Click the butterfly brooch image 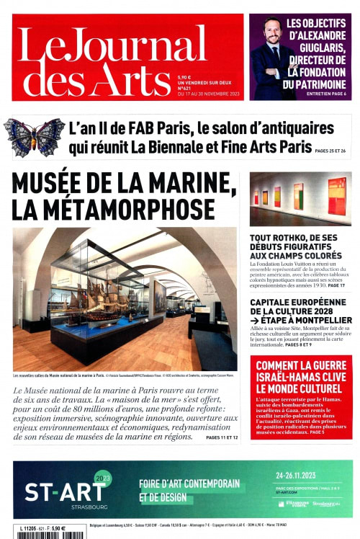coord(34,136)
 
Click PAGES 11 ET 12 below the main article coord(222,437)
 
